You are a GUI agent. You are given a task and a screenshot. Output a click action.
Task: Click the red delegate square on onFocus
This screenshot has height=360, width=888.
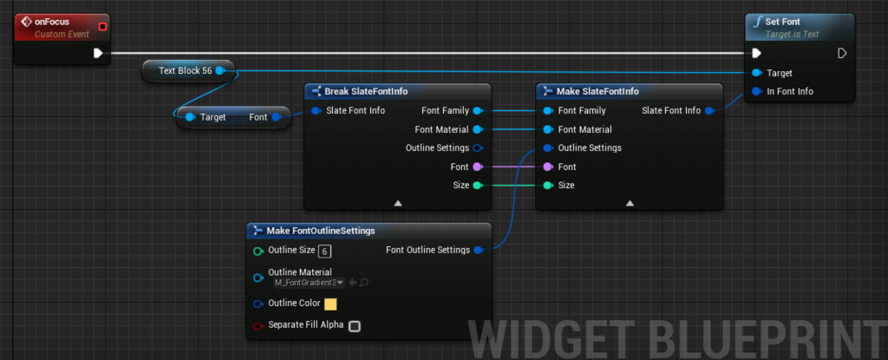coord(102,26)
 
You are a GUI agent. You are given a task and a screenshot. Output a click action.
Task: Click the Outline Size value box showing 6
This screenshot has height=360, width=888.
coord(324,252)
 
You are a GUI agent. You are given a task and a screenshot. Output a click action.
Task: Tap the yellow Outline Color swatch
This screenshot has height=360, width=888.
coord(330,304)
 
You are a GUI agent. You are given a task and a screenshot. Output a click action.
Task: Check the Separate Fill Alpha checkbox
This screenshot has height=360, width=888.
coord(354,326)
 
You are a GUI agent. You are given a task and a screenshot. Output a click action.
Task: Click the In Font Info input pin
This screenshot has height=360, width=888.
coord(757,91)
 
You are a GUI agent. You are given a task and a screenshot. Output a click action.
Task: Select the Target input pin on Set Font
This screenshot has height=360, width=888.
coord(757,73)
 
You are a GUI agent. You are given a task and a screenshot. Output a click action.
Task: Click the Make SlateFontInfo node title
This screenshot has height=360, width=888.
coord(598,91)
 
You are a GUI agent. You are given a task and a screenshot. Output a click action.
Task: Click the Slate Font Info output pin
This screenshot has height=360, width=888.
coord(709,110)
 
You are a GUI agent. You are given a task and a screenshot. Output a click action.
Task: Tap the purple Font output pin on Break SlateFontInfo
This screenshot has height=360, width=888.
coord(477,167)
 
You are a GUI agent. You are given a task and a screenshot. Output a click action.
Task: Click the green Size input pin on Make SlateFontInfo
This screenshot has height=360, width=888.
coord(547,185)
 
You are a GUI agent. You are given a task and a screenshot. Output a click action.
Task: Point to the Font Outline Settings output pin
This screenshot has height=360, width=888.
coord(478,251)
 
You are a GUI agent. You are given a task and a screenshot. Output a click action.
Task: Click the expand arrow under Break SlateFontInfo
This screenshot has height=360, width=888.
coord(398,202)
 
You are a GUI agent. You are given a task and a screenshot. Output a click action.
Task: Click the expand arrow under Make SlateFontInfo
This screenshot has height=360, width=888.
coord(630,202)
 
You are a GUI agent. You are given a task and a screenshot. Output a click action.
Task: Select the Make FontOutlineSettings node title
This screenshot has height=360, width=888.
coord(321,230)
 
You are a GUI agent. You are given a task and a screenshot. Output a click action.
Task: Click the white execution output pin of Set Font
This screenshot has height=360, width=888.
coord(841,53)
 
